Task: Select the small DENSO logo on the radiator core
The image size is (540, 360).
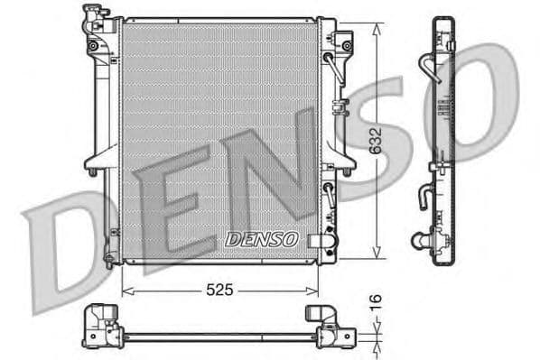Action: pyautogui.click(x=260, y=239)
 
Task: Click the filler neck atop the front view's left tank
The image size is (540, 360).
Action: pyautogui.click(x=93, y=15)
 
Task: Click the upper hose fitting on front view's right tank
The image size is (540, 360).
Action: pyautogui.click(x=344, y=43)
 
